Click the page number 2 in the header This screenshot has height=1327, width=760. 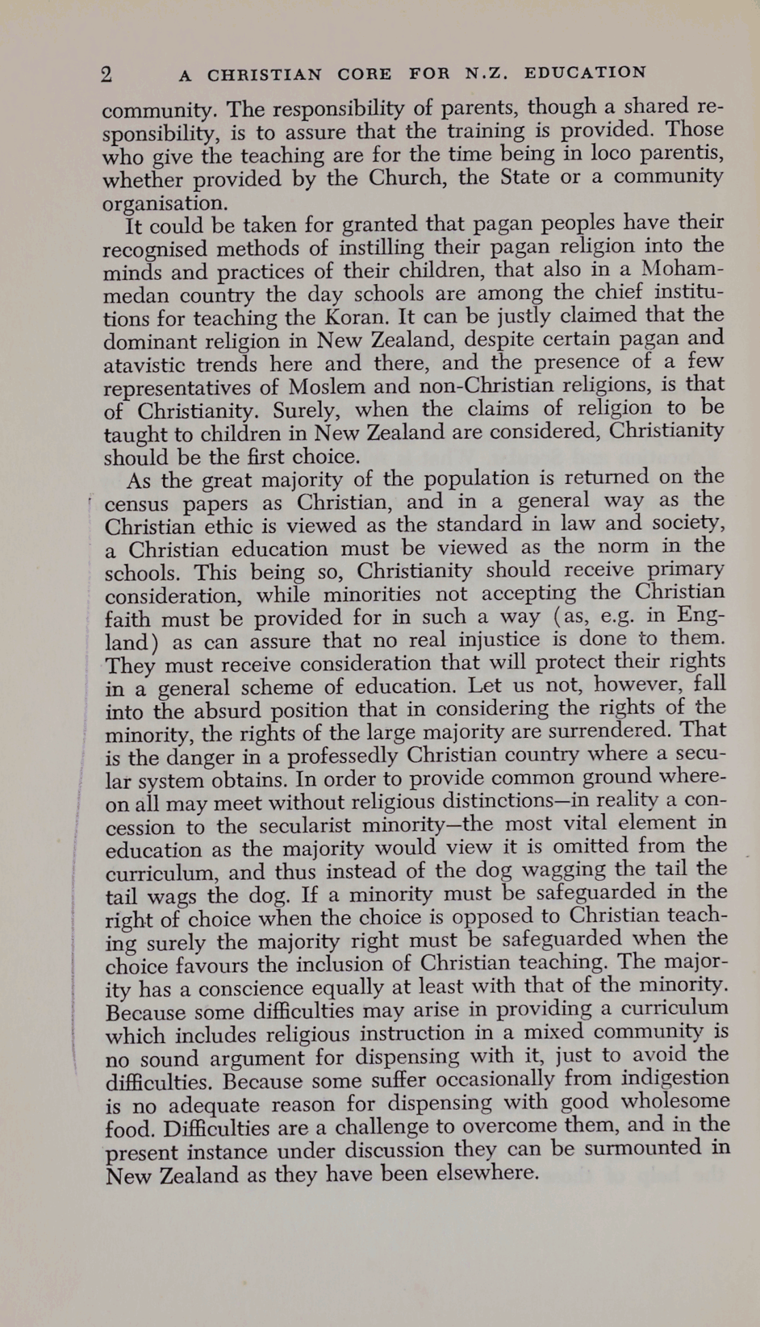pyautogui.click(x=106, y=74)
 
